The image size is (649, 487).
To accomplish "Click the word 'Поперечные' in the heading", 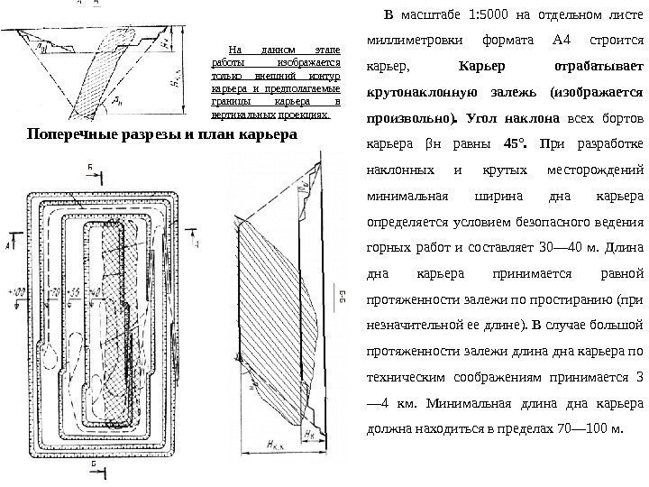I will click(71, 135).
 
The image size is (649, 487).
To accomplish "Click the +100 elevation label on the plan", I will click(15, 292).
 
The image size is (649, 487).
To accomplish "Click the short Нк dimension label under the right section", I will click(311, 433).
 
